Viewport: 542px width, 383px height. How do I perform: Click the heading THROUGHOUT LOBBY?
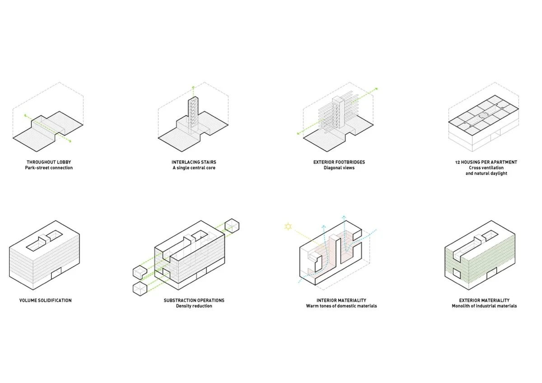pos(49,162)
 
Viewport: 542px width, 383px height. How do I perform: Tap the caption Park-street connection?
pos(49,168)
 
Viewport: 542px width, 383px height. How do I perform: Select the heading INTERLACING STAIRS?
pos(194,162)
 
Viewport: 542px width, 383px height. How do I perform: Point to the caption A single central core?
pos(194,168)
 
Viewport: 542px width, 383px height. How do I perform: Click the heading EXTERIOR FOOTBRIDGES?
pos(339,162)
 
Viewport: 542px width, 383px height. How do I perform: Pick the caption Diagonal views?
pos(339,168)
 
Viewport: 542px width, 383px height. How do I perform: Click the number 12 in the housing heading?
pos(458,162)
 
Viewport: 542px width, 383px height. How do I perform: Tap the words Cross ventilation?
pos(486,168)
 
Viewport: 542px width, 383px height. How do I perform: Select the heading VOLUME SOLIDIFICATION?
pos(46,300)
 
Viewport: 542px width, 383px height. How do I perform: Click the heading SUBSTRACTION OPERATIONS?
pos(194,300)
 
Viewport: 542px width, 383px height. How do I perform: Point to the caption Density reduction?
pos(194,306)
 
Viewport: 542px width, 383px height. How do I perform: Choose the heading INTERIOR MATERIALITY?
pos(341,300)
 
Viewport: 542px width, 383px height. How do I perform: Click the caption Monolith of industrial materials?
pos(484,306)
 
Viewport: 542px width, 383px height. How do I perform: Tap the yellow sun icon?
pos(288,226)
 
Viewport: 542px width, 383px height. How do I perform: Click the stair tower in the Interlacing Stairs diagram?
pos(193,116)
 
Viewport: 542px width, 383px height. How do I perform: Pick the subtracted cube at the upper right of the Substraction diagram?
pos(232,226)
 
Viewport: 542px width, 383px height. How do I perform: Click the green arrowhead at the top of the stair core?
pos(193,87)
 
